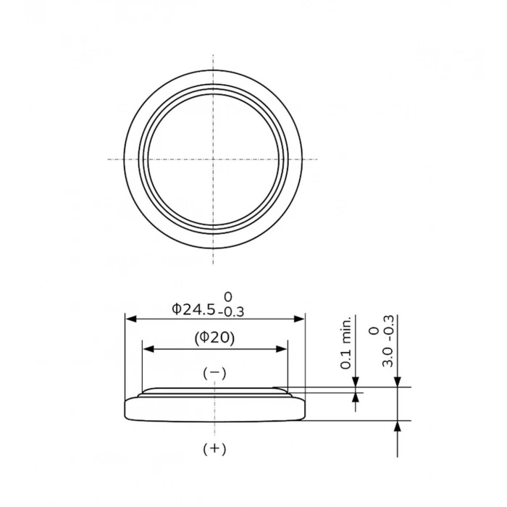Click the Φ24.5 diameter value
coord(193,309)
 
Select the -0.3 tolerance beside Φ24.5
coord(230,312)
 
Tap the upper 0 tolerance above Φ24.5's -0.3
coord(228,297)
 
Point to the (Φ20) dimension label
coord(214,338)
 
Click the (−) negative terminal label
coord(214,373)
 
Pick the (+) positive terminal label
coord(214,449)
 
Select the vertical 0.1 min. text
coord(347,343)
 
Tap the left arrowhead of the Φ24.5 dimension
coord(130,318)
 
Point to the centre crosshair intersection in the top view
coord(213,159)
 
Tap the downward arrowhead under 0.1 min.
coord(356,382)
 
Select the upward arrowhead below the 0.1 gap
coord(356,398)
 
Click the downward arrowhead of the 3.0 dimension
coord(397,382)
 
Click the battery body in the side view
coord(214,409)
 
